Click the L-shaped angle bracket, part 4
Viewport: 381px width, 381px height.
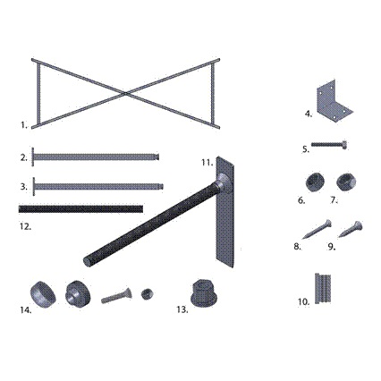334,101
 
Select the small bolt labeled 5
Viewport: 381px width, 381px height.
329,145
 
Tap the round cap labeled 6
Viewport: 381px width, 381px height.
315,182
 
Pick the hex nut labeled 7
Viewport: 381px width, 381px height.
346,182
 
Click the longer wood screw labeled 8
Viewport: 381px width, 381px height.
317,229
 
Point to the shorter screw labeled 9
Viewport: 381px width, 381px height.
351,229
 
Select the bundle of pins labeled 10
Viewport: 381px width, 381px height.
323,288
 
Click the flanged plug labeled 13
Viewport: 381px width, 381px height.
204,292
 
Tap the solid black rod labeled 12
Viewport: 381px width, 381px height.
80,208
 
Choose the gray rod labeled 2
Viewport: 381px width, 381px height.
96,157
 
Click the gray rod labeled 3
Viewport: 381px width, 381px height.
97,187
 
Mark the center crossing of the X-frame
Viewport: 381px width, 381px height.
125,94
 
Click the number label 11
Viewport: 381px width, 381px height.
207,163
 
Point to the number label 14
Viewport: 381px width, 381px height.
26,310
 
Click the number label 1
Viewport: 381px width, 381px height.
24,125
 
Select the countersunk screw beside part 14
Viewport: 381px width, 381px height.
116,296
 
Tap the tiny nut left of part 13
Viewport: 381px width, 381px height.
147,294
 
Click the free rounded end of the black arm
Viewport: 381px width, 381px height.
87,261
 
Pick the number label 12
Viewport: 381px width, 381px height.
26,226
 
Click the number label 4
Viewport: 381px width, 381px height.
309,114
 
